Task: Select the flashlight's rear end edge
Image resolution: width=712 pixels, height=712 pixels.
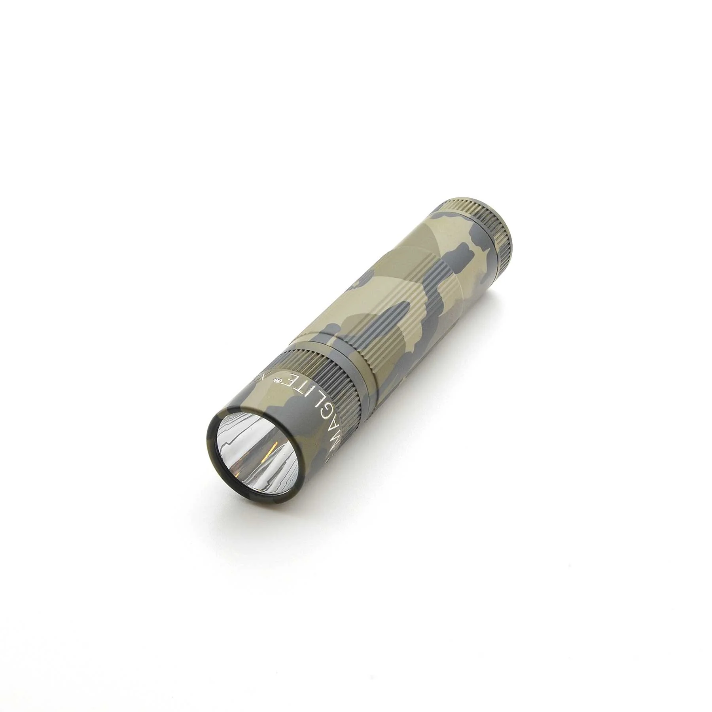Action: point(514,237)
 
